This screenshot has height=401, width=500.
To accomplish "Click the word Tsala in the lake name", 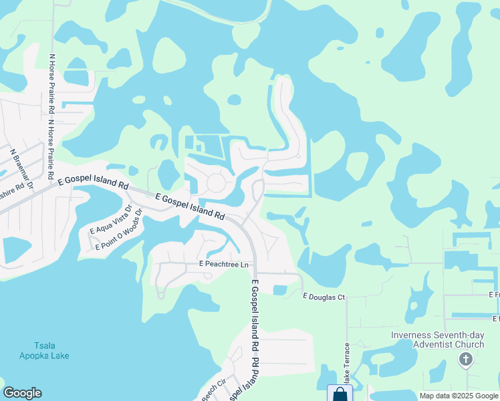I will (x=45, y=346).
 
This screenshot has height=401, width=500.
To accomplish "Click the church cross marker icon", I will (x=465, y=360).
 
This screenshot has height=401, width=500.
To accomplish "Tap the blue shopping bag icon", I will (x=340, y=394).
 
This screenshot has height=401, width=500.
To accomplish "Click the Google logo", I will (x=22, y=393).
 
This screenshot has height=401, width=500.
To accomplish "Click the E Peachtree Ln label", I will (x=223, y=265).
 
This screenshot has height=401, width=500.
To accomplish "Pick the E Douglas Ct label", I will (x=324, y=296).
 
